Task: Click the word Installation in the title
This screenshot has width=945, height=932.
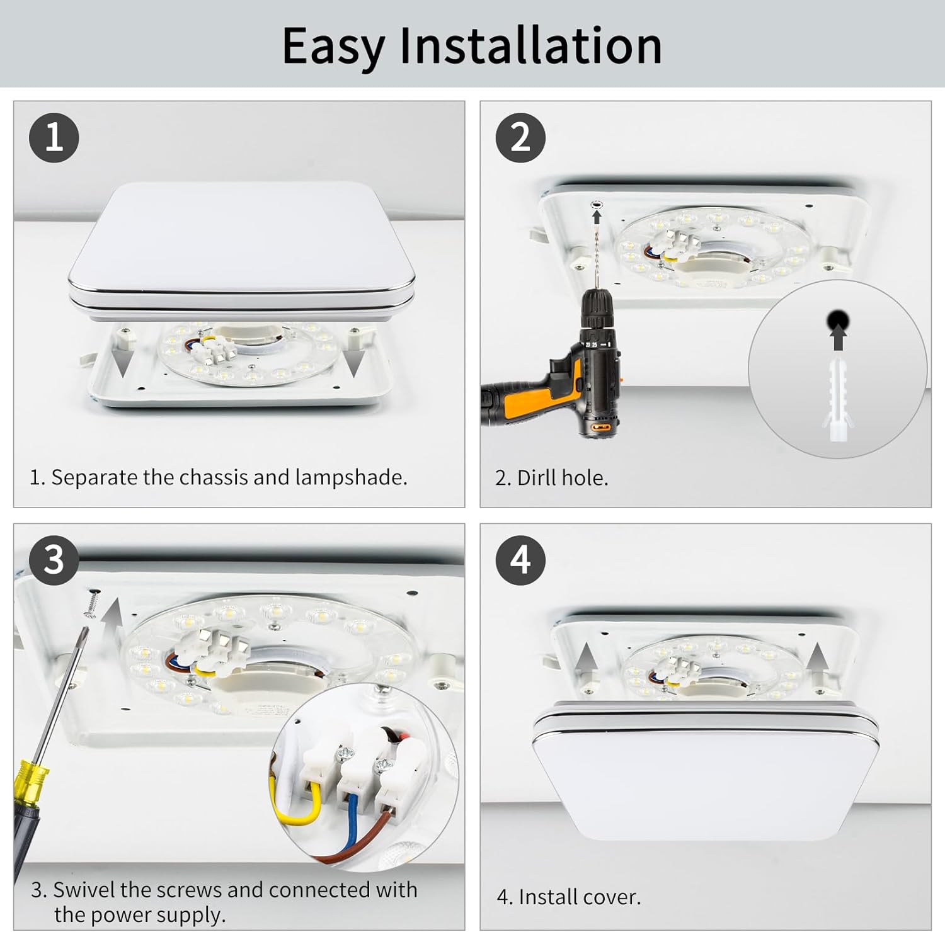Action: click(x=530, y=45)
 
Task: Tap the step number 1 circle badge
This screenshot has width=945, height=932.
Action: click(x=54, y=138)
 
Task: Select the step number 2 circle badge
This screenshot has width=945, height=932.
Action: click(x=520, y=138)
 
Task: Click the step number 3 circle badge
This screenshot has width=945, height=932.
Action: click(x=54, y=560)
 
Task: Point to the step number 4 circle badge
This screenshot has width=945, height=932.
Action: click(x=520, y=560)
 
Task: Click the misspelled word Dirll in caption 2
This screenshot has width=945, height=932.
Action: click(x=537, y=478)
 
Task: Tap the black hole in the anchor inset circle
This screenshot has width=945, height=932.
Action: click(x=838, y=321)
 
